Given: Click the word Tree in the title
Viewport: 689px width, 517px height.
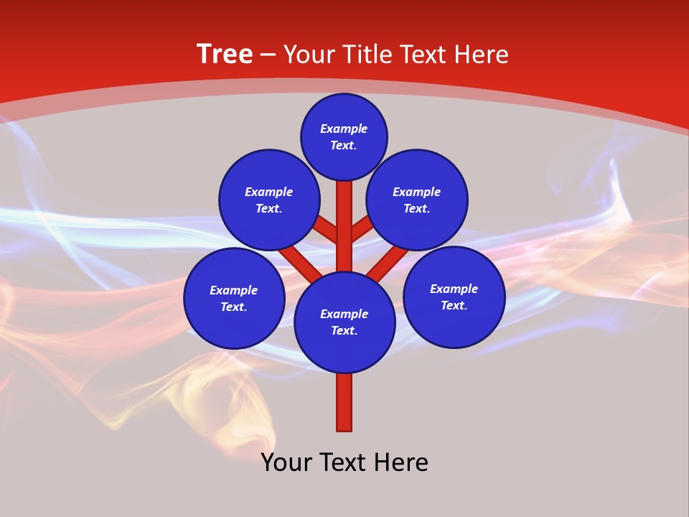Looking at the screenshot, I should point(225,55).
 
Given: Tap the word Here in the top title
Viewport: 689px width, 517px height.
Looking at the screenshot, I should point(482,55).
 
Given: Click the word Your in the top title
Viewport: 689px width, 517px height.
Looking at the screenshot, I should point(309,55).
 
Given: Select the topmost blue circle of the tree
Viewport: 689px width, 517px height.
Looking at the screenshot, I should point(344,136).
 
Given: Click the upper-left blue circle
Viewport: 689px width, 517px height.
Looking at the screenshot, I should point(269,200).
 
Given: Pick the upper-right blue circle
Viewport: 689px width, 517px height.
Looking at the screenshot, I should point(417,200).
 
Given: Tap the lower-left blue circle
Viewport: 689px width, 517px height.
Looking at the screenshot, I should point(234,298).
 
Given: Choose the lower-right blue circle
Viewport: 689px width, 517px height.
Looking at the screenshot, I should point(454,297).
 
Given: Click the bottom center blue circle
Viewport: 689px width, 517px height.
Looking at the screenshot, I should point(344,322).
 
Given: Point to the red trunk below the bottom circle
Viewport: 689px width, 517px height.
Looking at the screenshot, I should point(344,402).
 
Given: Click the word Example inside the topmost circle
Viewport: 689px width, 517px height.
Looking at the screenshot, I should point(344,129).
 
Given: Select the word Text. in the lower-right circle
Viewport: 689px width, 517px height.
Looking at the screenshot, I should point(454,305).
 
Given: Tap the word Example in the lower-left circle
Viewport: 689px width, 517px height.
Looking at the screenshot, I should point(234,290).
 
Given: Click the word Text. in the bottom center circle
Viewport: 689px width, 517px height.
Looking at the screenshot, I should point(344,330).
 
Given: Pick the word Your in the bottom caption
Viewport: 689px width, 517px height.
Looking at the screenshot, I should point(286,462).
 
